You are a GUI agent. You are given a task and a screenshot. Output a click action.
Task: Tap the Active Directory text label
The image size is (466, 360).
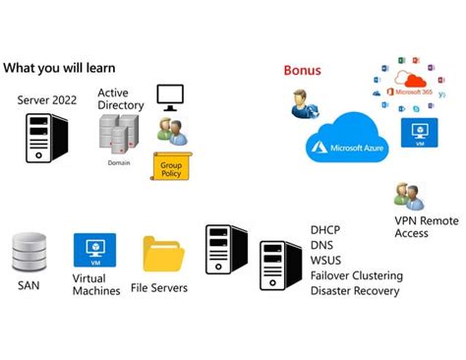(120, 99)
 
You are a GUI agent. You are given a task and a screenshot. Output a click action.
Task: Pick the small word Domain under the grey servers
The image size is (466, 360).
(118, 162)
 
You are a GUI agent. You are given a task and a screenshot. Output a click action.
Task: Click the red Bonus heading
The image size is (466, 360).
(302, 71)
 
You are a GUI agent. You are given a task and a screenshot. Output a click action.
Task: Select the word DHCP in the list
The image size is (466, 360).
(326, 229)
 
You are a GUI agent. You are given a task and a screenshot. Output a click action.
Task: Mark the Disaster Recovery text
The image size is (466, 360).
(355, 291)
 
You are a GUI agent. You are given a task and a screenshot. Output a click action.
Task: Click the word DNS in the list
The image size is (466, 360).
(322, 245)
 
